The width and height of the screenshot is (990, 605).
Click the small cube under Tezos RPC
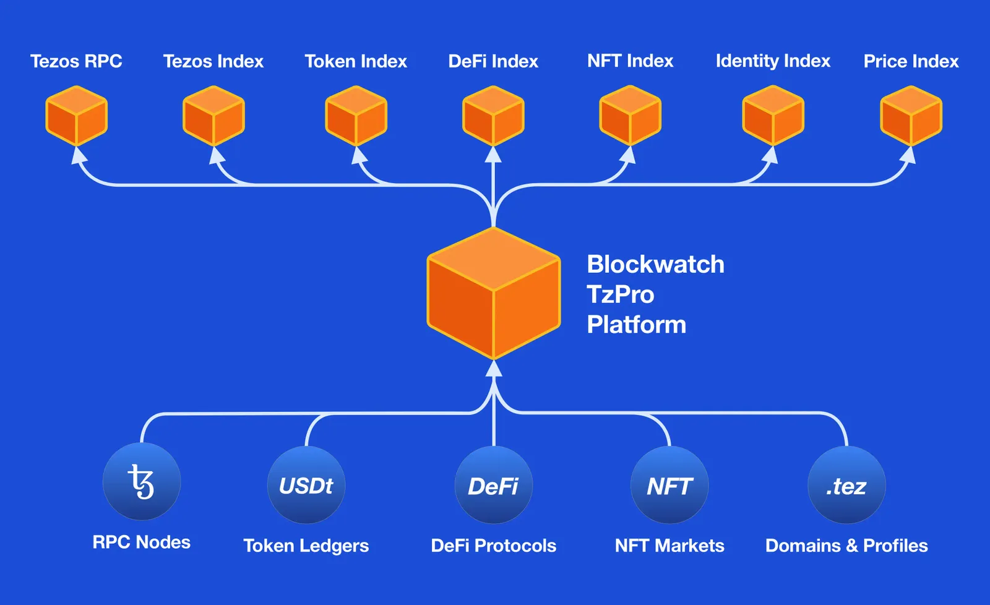(x=76, y=116)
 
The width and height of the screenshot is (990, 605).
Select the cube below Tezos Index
(x=213, y=116)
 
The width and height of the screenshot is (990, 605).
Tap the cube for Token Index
(x=356, y=116)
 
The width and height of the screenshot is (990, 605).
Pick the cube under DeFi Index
(x=493, y=116)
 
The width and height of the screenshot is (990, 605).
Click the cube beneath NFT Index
(x=630, y=116)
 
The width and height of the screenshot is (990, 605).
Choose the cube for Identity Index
(x=773, y=116)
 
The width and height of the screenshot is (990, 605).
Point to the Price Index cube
(x=911, y=116)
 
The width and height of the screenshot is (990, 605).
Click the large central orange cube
(x=493, y=293)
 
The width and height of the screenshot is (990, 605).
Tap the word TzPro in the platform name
(x=620, y=294)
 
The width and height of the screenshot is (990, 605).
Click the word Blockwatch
(x=655, y=264)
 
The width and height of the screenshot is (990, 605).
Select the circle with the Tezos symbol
(x=142, y=482)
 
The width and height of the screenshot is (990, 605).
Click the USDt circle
(x=306, y=486)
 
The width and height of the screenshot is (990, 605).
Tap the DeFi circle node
(x=493, y=486)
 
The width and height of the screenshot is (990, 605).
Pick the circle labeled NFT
(x=669, y=486)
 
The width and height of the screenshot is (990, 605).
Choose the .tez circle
(x=846, y=486)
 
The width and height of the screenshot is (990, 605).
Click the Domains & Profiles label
(x=846, y=546)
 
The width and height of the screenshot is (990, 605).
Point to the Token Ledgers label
(x=306, y=546)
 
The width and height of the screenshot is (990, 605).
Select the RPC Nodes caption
(x=142, y=543)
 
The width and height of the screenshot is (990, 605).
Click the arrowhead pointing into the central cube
(x=493, y=369)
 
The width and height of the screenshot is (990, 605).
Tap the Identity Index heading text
(x=773, y=61)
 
